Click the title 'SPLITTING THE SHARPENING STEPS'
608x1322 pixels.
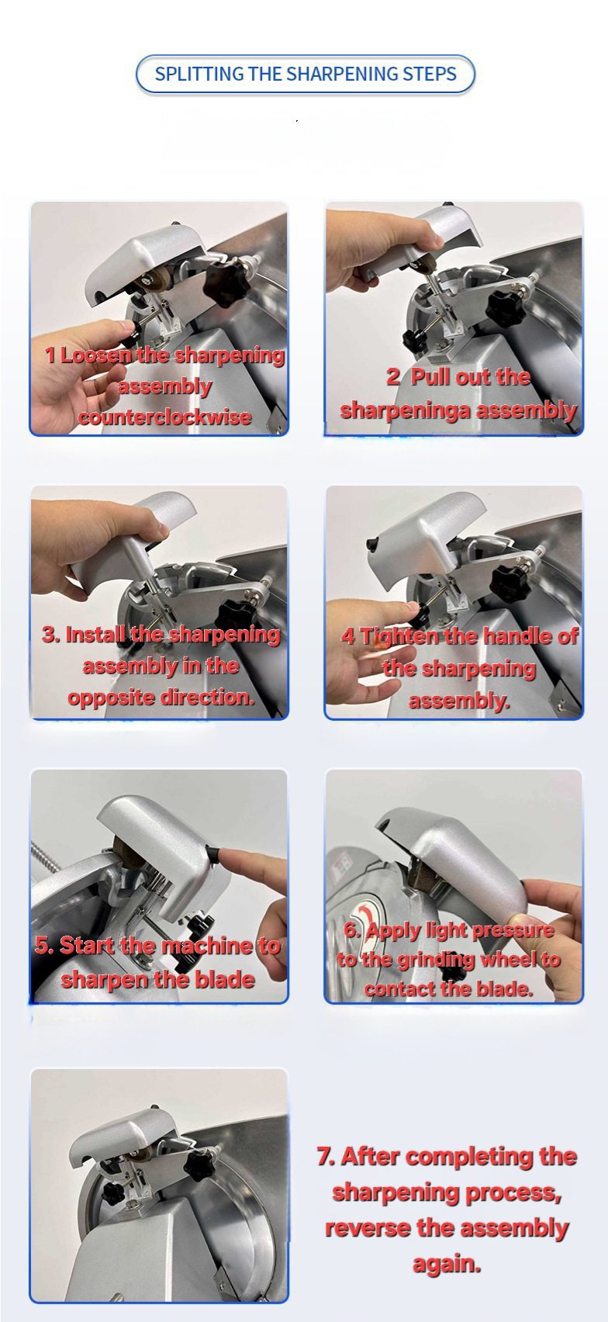[306, 74]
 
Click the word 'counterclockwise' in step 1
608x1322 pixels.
[164, 417]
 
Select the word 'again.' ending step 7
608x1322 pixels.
[447, 1264]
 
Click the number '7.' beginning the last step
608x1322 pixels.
[326, 1156]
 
